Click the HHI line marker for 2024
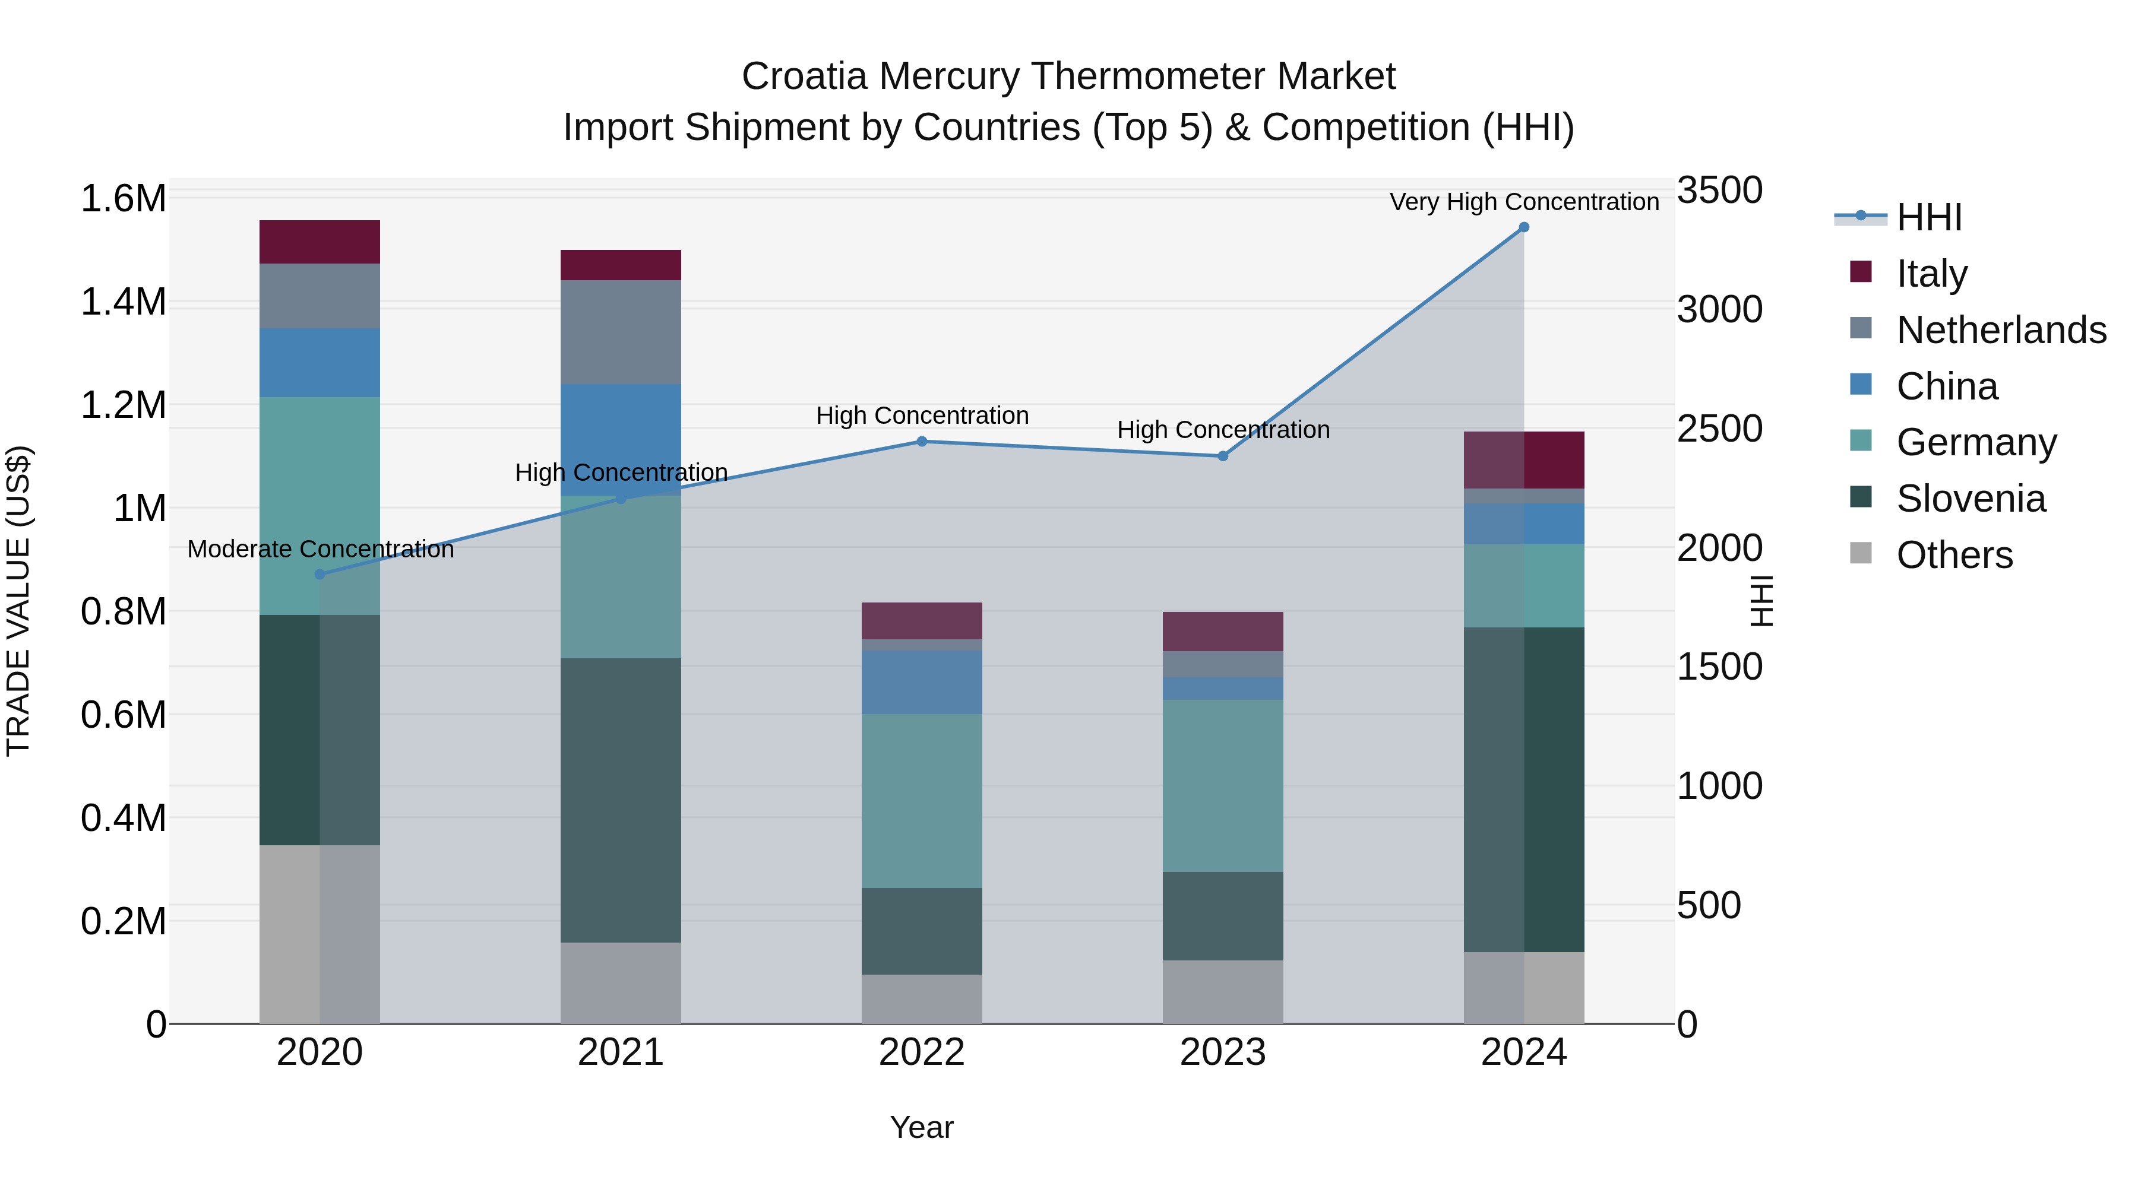tap(1524, 227)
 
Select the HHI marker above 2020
tap(320, 574)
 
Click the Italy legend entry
tap(1931, 273)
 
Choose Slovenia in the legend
tap(1971, 499)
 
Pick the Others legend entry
tap(1954, 555)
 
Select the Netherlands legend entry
tap(2000, 329)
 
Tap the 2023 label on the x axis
tap(1223, 1052)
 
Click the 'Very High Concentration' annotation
tap(1524, 202)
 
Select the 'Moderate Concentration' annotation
tap(320, 549)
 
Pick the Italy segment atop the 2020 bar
tap(320, 242)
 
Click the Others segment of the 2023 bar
tap(1223, 991)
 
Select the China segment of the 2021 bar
tap(621, 440)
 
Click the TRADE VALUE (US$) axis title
tap(18, 601)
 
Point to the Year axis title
tap(921, 1127)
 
